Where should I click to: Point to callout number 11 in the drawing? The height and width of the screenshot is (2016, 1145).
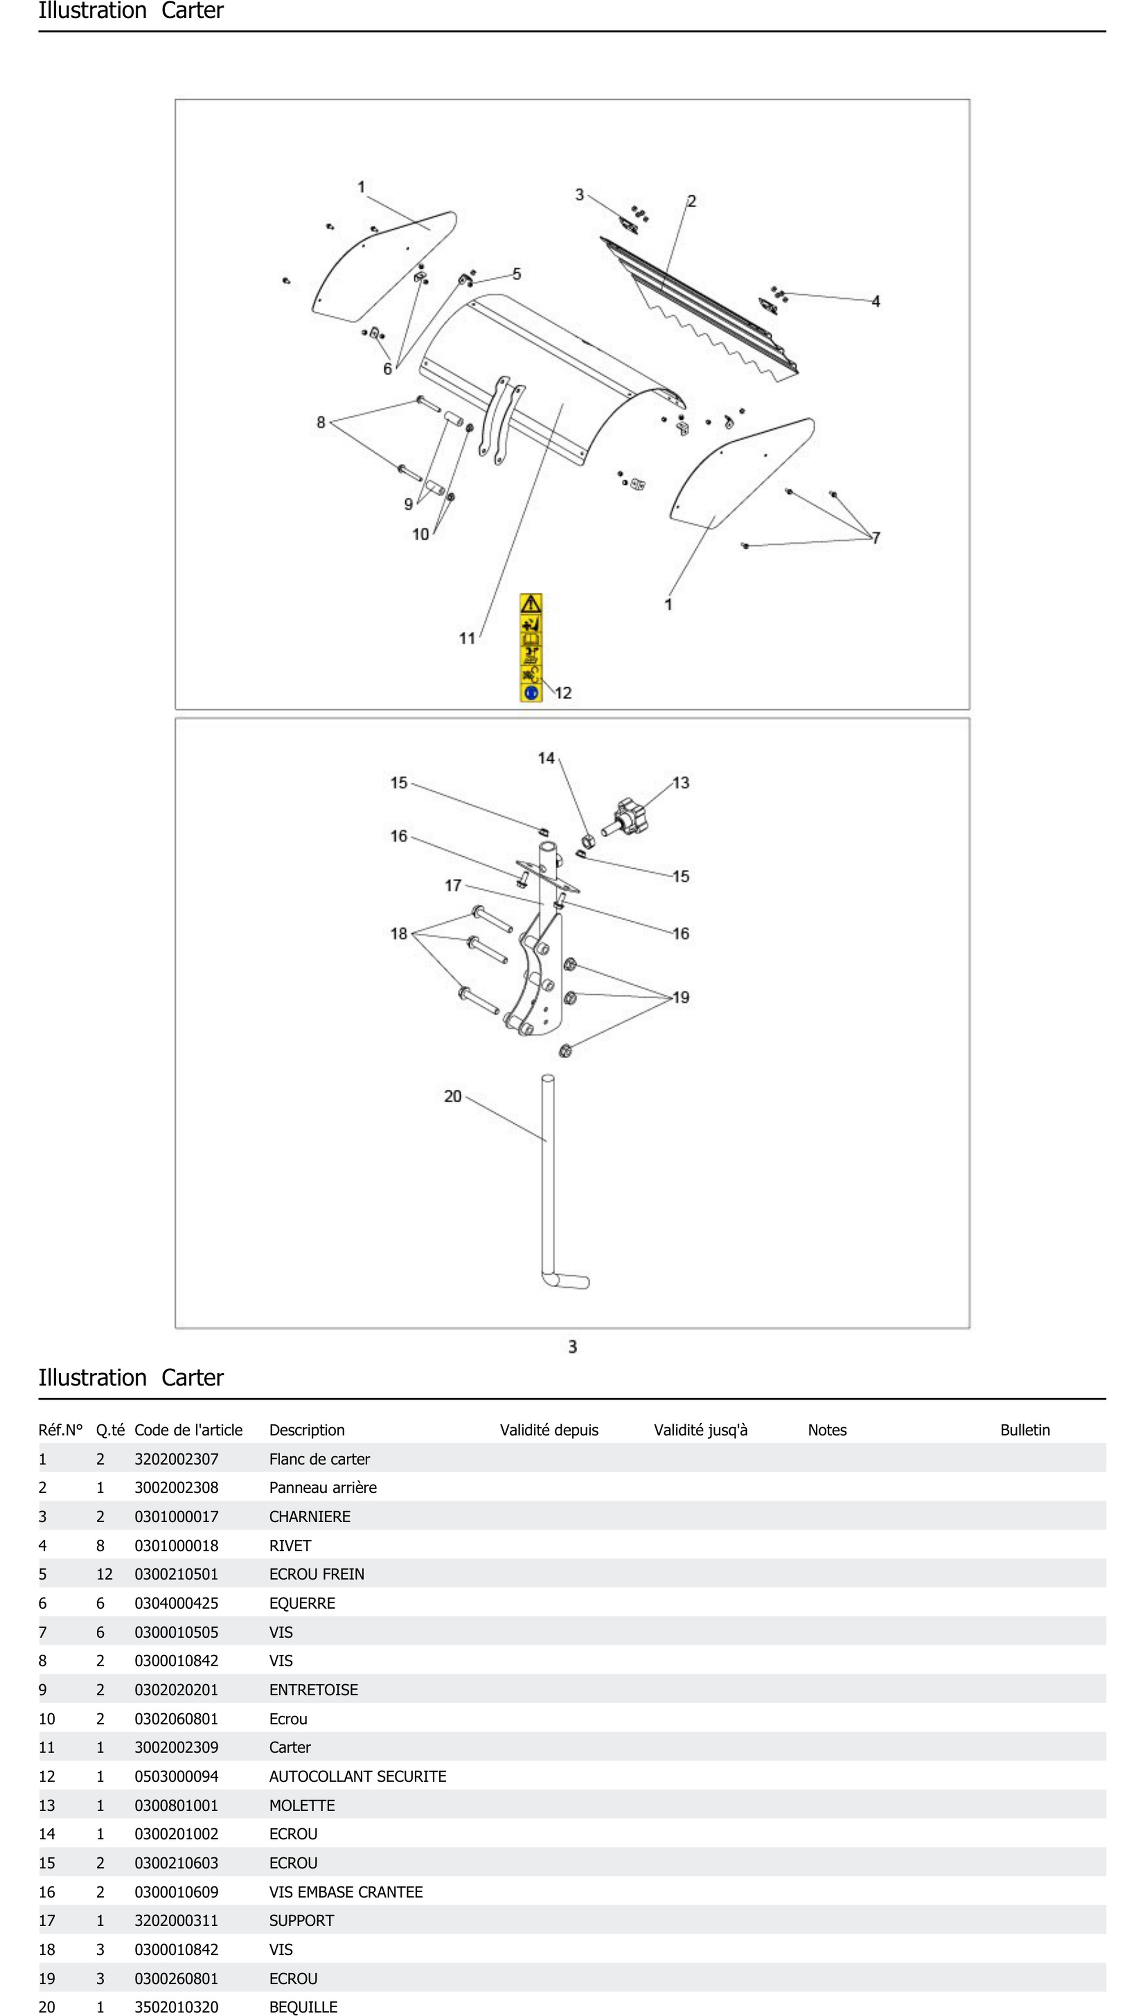coord(467,638)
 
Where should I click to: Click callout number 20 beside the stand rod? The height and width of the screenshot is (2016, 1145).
coord(452,1096)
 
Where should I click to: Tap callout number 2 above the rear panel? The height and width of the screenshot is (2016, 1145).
coord(691,201)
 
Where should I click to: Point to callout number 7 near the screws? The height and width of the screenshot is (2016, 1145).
coord(875,538)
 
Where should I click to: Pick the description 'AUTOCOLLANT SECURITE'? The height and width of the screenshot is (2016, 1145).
coord(357,1776)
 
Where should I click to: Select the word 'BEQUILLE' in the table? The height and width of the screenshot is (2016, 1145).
coord(303,2007)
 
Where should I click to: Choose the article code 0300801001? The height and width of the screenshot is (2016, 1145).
coord(176,1805)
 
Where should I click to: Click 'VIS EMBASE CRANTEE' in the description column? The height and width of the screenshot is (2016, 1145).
coord(345,1892)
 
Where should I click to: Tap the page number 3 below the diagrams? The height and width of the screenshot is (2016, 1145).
coord(572,1347)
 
